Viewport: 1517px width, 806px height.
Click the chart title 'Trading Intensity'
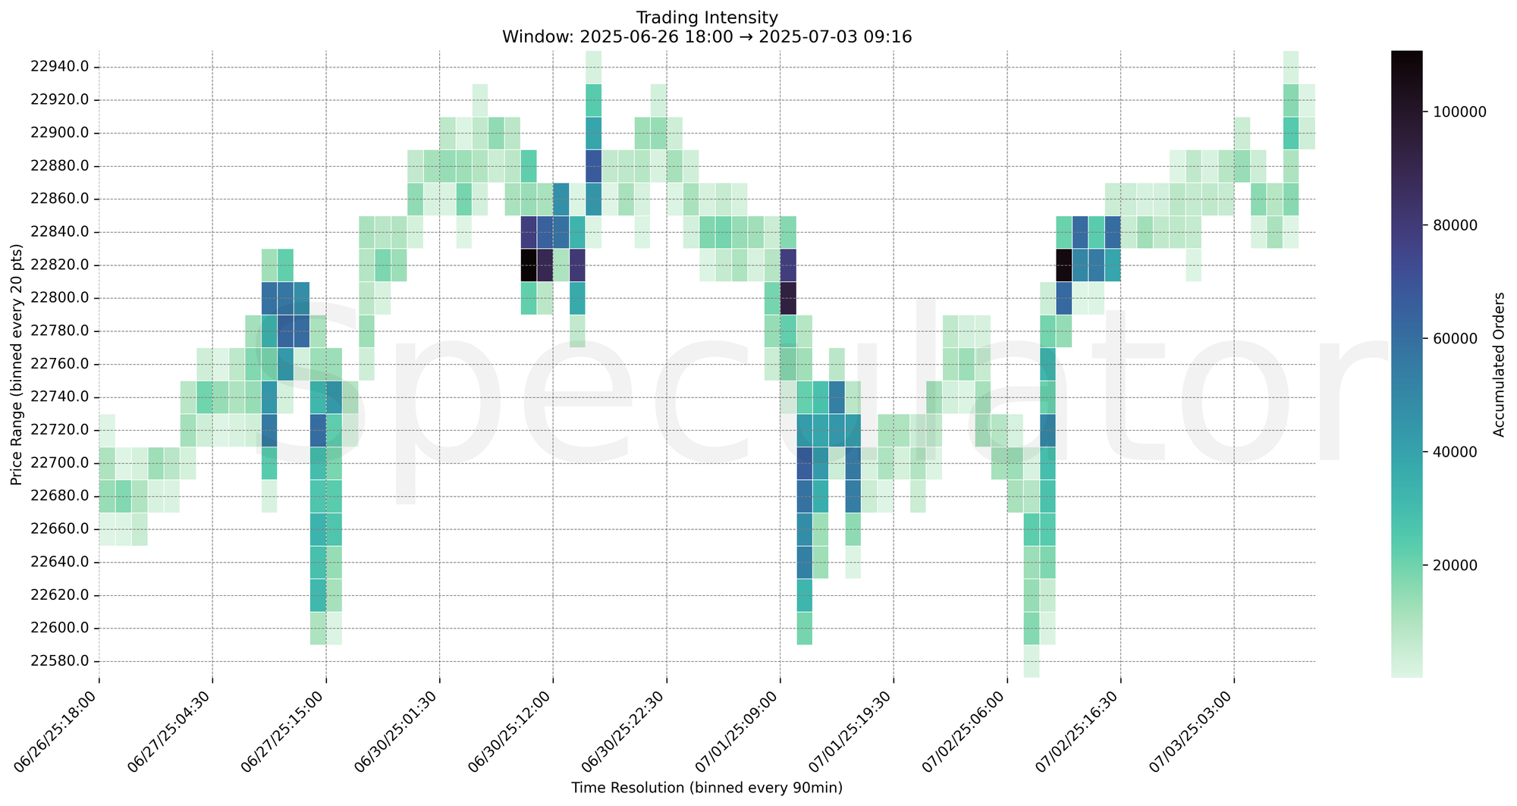706,17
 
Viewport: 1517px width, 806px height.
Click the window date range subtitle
706,36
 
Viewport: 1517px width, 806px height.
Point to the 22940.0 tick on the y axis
60,67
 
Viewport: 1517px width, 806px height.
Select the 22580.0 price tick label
60,661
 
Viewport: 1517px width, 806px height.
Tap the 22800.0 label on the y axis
60,298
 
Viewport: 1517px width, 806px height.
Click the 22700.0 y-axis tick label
60,463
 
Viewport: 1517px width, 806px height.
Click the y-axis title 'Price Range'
17,365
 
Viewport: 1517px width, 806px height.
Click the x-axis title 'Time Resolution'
706,788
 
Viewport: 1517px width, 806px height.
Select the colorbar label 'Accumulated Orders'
1498,365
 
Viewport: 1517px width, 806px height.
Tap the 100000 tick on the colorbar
1448,111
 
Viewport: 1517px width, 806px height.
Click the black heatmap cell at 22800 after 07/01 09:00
788,298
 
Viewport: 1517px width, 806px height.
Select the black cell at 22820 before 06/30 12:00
529,265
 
